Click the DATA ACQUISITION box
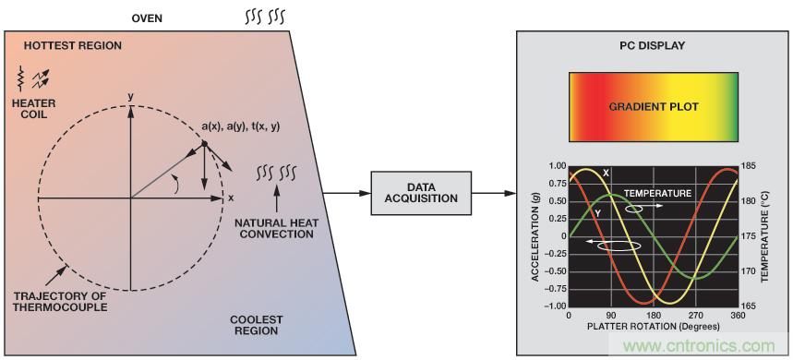coord(421,193)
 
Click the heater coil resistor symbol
coord(20,78)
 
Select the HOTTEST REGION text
coord(73,46)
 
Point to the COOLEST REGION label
coord(256,326)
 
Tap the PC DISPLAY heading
coord(653,45)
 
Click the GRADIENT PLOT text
coord(653,107)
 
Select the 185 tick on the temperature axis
coord(748,166)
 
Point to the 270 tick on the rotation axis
coord(695,315)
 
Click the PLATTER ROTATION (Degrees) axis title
coord(653,326)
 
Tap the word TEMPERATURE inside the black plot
coord(657,193)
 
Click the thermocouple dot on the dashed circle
coord(204,144)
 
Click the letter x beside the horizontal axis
coord(231,198)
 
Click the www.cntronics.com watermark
coord(700,346)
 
